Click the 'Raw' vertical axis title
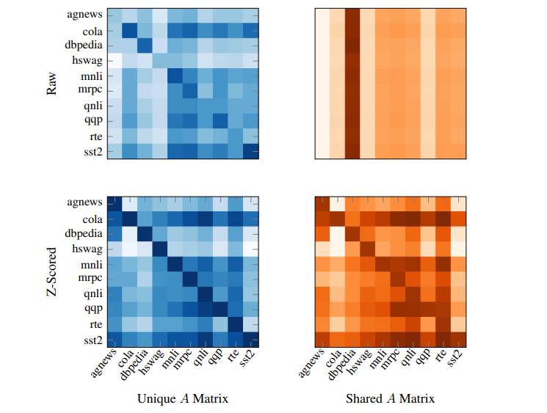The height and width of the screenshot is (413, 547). (x=52, y=83)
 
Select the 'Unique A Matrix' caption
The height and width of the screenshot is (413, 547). (x=183, y=399)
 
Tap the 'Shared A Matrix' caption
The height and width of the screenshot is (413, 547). (x=390, y=399)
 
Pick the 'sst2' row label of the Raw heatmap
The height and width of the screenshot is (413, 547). (x=91, y=152)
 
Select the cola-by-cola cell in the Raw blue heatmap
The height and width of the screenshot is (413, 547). (x=129, y=30)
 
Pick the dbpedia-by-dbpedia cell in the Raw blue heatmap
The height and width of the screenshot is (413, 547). (x=145, y=45)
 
